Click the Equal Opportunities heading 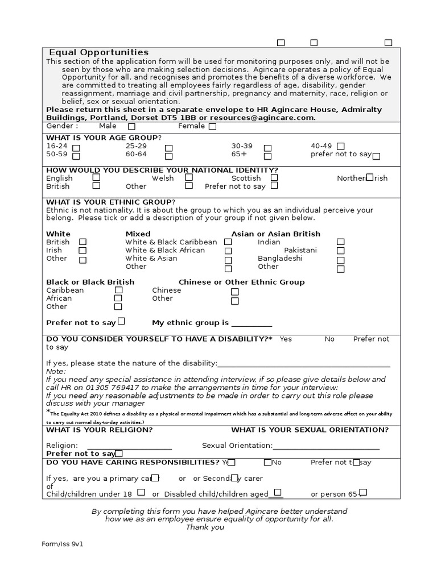98,52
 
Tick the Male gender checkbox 132,127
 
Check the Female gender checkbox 212,127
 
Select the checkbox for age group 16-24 76,147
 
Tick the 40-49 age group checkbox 340,147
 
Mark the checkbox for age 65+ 267,156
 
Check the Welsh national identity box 189,177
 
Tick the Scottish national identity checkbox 274,177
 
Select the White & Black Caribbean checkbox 228,242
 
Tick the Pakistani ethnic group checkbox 340,251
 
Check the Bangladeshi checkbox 340,260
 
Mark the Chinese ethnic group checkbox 234,292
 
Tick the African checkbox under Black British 118,298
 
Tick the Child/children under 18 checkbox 141,492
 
